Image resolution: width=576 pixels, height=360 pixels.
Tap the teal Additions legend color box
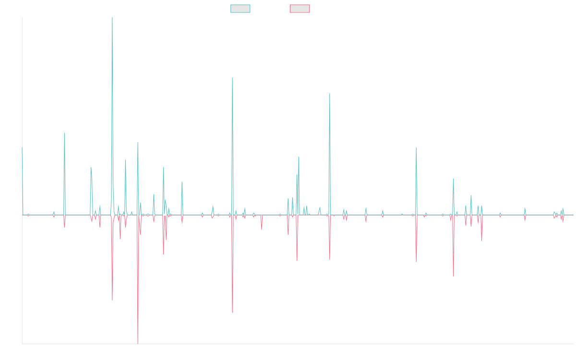[240, 9]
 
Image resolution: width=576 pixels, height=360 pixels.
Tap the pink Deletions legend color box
[300, 9]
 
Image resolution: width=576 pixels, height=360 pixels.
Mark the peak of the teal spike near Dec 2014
[64, 133]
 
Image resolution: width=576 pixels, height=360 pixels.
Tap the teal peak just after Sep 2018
[232, 78]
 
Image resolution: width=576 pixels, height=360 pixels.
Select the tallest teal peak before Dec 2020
[330, 93]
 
